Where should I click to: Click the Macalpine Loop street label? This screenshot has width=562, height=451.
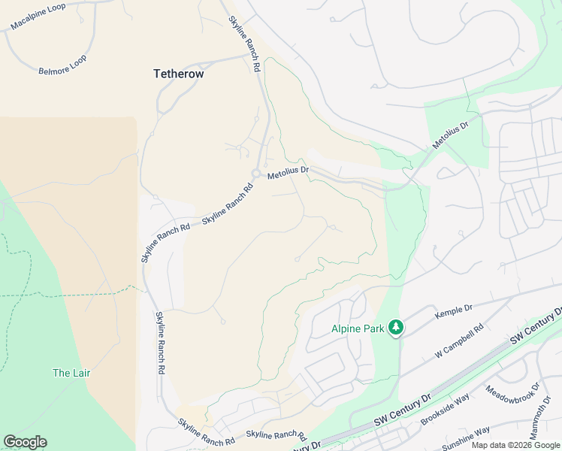tap(44, 16)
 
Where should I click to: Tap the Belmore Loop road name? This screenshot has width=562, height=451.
tap(62, 65)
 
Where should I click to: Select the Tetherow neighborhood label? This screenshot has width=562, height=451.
tap(178, 74)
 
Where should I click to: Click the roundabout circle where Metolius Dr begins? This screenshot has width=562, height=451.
tap(256, 174)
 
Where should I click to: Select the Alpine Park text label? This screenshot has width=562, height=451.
tap(358, 328)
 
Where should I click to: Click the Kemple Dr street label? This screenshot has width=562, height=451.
tap(453, 308)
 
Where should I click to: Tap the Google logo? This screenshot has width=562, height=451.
tap(25, 442)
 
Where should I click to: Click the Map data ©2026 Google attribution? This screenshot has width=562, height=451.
tap(515, 445)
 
